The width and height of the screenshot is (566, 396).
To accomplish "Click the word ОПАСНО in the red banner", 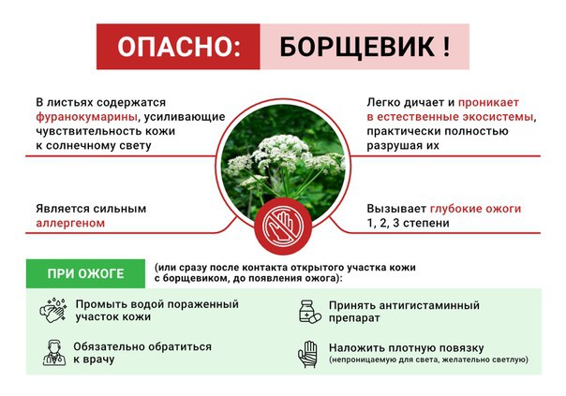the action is pyautogui.click(x=176, y=47).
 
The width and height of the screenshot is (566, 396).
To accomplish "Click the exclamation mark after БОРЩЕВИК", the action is pyautogui.click(x=446, y=47).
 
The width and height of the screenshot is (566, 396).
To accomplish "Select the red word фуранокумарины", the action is pyautogui.click(x=86, y=117).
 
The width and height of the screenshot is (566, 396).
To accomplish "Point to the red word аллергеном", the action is pyautogui.click(x=70, y=223).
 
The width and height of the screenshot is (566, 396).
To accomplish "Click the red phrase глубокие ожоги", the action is pyautogui.click(x=475, y=209).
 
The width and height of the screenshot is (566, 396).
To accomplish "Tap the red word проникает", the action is pyautogui.click(x=488, y=103).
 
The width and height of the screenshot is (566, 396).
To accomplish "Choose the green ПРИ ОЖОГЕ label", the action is pyautogui.click(x=85, y=273).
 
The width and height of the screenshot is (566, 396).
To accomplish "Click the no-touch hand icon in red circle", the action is pyautogui.click(x=283, y=227).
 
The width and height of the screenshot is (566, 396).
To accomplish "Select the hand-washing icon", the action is pyautogui.click(x=53, y=311).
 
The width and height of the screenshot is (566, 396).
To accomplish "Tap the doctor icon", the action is pyautogui.click(x=54, y=353).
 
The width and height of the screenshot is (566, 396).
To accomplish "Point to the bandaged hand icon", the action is pyautogui.click(x=307, y=354).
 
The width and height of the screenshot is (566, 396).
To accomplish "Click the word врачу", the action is pyautogui.click(x=94, y=359).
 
